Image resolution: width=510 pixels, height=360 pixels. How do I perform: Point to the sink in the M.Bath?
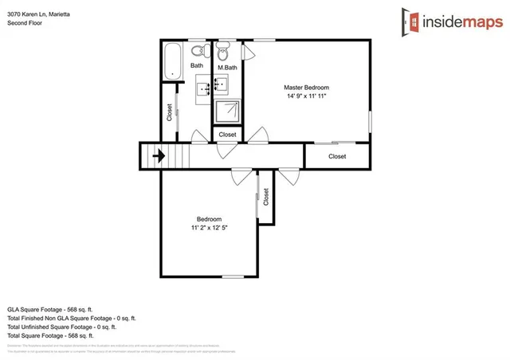click(x=223, y=82)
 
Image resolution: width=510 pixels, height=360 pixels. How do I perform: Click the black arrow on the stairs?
click(x=159, y=156)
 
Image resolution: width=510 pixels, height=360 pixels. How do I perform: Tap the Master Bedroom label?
click(x=306, y=87)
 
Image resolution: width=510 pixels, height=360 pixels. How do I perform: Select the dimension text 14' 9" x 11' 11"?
click(x=306, y=96)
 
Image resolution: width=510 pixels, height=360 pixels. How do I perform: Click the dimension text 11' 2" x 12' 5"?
click(x=210, y=228)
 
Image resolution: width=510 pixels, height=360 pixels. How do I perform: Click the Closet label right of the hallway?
click(x=337, y=156)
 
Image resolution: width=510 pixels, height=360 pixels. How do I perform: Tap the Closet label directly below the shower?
click(x=227, y=135)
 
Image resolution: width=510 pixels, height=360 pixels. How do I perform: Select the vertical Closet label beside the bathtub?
click(x=169, y=112)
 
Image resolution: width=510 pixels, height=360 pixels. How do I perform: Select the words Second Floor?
click(x=25, y=23)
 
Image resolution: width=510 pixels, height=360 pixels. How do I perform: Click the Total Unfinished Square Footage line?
click(x=61, y=326)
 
